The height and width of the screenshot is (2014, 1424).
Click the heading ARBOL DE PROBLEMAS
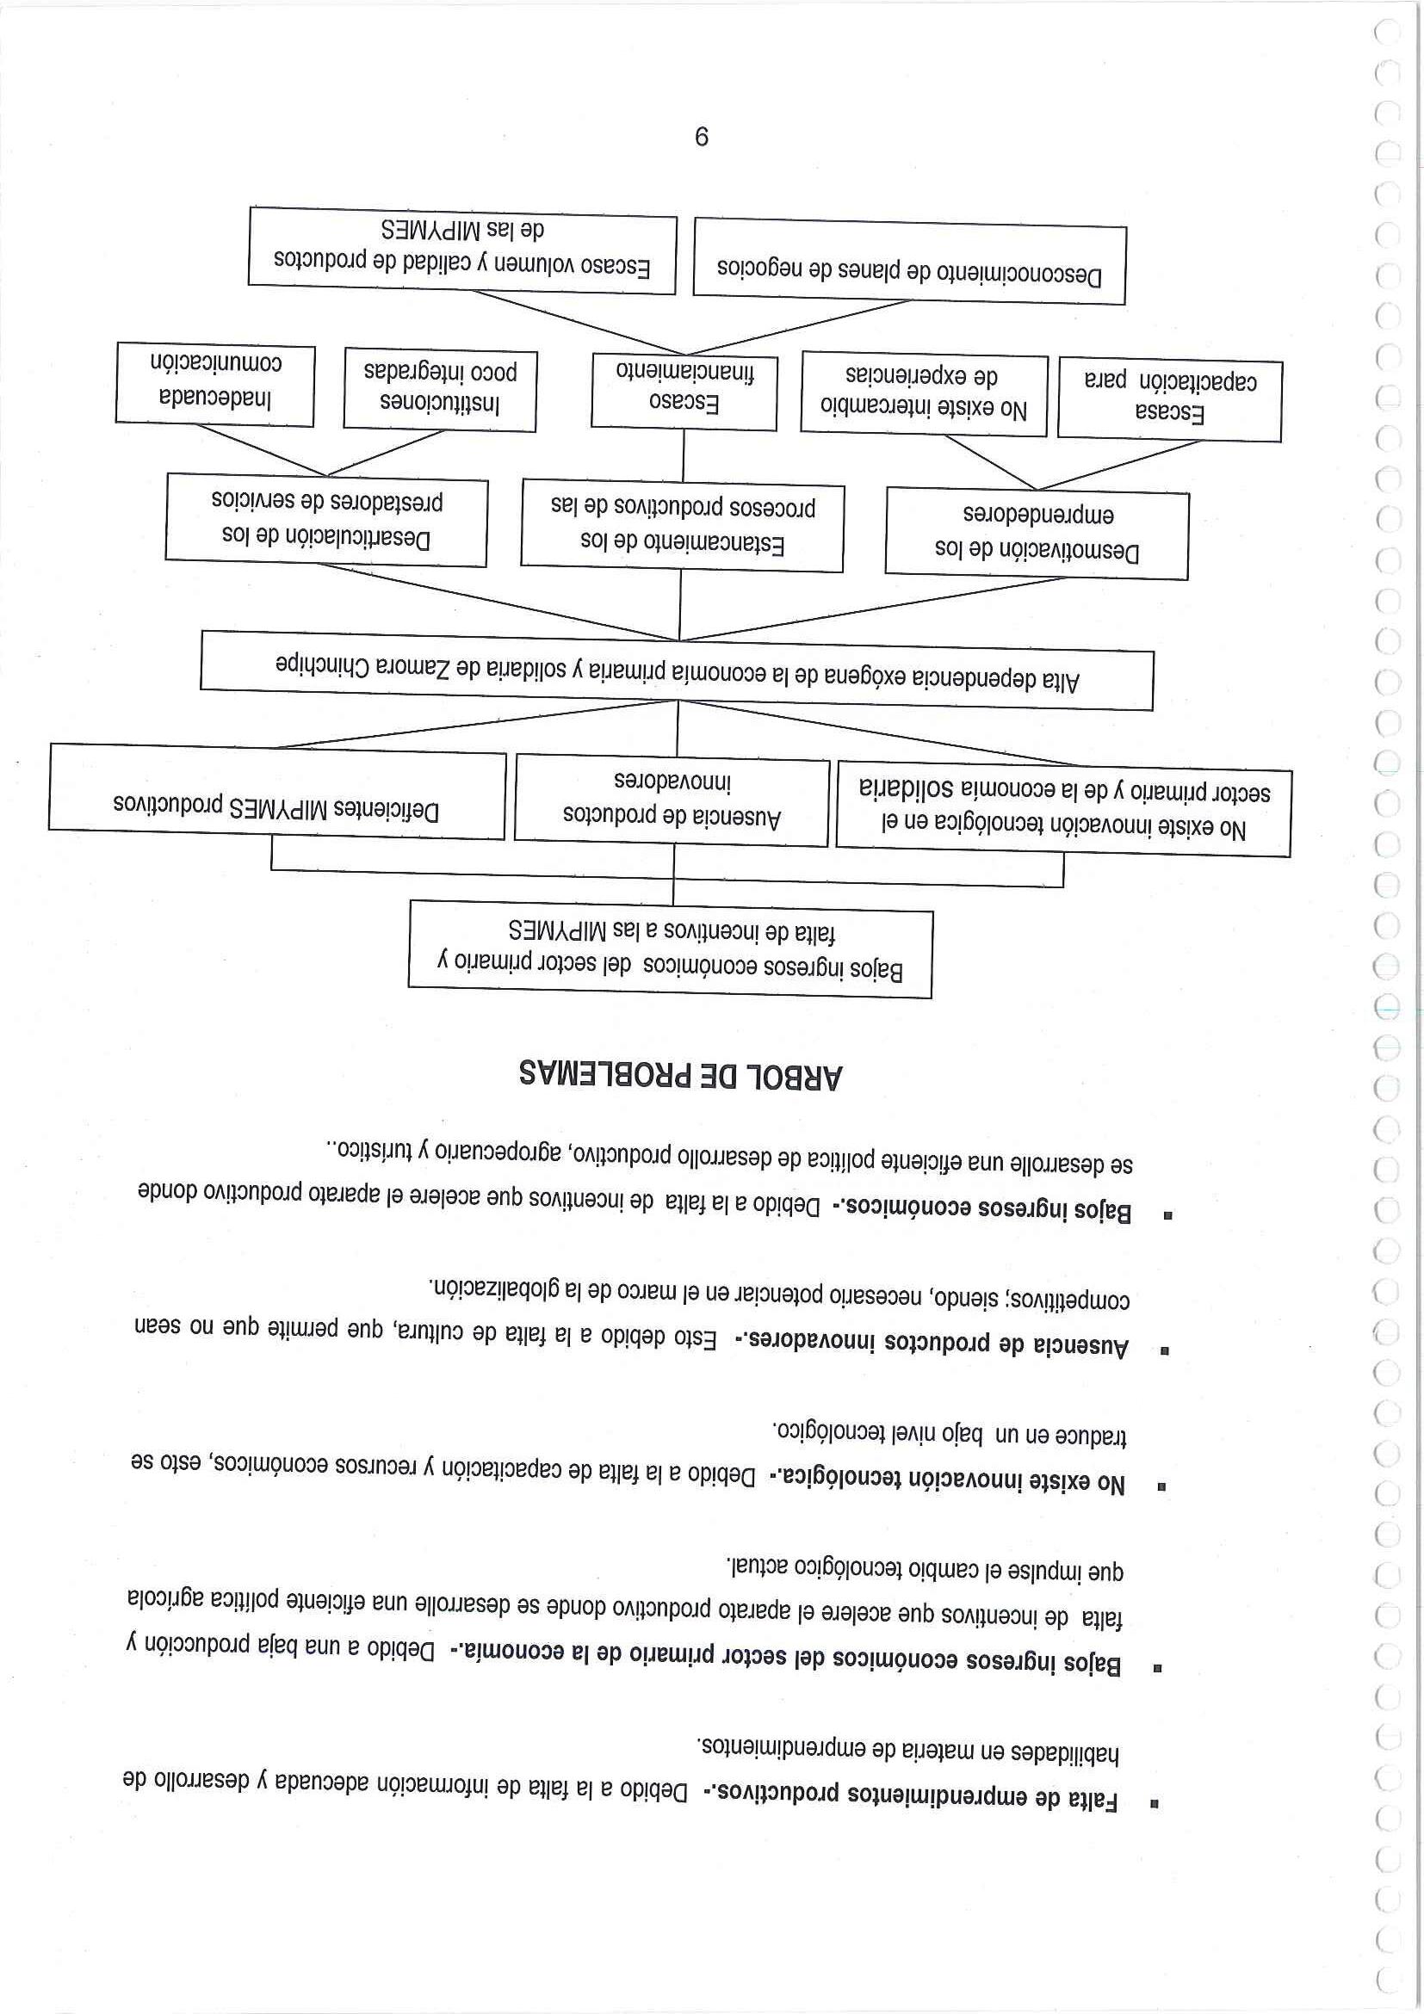(x=680, y=1075)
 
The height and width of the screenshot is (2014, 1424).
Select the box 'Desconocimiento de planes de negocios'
(x=909, y=263)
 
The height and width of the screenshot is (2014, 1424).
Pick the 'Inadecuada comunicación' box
(x=215, y=384)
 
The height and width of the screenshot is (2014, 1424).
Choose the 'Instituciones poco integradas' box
(x=440, y=391)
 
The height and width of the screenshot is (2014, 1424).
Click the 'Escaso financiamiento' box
(x=684, y=392)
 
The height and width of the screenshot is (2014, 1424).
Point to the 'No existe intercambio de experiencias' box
(x=924, y=395)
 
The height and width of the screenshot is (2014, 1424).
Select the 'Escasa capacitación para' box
(x=1169, y=399)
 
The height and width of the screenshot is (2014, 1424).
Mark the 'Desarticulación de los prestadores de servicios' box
(x=326, y=520)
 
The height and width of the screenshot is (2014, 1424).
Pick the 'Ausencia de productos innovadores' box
(x=672, y=800)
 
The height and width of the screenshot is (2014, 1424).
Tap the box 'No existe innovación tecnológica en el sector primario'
(x=1063, y=810)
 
